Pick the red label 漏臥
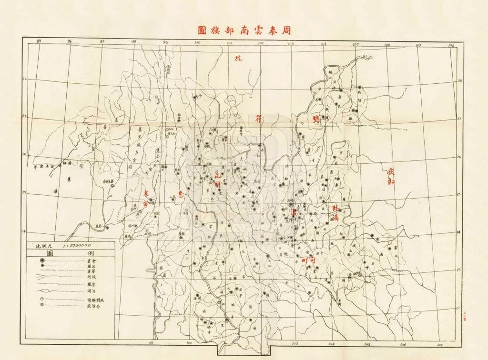tap(335, 213)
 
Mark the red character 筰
tap(260, 120)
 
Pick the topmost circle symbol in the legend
tap(42, 261)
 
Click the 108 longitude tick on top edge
tap(451, 46)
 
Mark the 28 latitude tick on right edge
tap(460, 81)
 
